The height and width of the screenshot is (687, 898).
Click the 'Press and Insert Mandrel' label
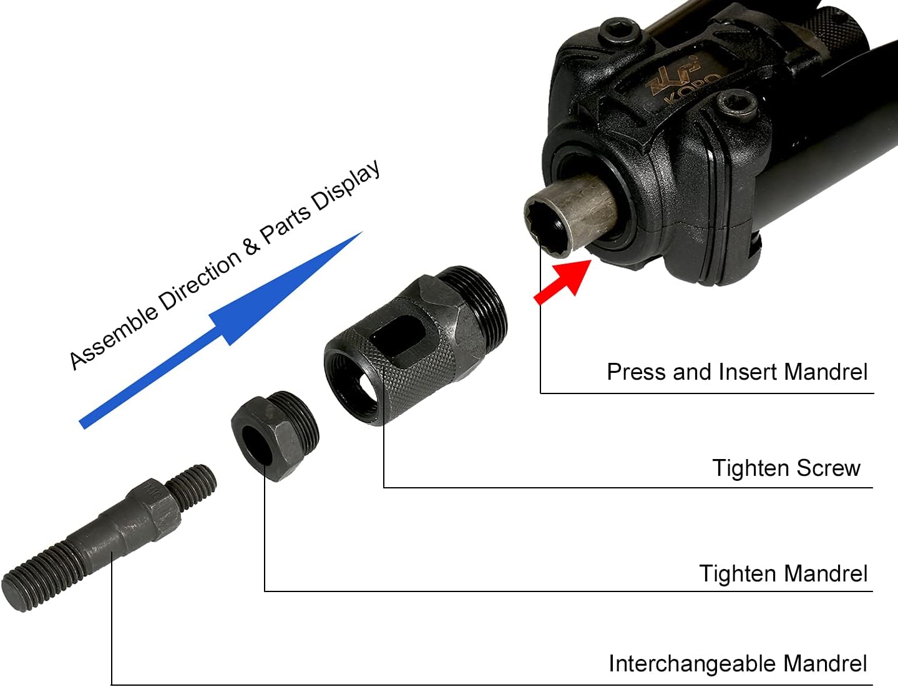737,372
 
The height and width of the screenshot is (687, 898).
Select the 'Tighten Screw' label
786,468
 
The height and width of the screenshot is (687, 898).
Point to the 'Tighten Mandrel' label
783,573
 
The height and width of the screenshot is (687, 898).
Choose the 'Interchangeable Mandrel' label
738,663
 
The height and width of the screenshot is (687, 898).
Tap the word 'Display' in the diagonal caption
346,185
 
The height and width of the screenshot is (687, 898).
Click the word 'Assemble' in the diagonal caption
113,337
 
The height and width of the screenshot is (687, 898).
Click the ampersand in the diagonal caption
251,245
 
